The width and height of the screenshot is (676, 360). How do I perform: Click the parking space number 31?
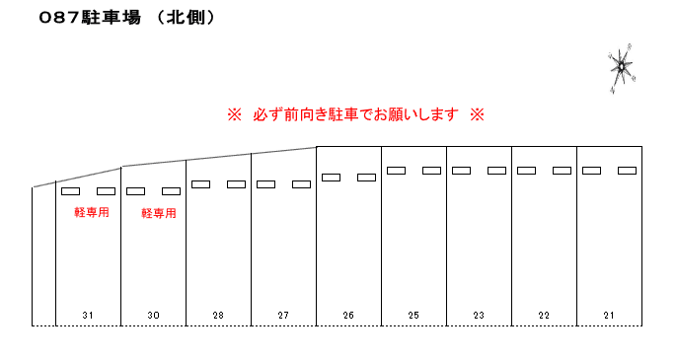[x=88, y=315]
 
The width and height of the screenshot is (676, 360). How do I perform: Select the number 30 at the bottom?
[x=153, y=315]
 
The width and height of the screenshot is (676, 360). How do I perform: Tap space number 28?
[x=218, y=315]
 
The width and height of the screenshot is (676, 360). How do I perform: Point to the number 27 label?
[x=283, y=315]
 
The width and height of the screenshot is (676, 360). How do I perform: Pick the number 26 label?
[x=348, y=315]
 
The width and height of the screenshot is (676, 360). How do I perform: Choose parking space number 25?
[x=413, y=315]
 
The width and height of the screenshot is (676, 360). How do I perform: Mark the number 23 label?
[x=479, y=315]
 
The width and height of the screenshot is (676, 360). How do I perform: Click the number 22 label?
[x=544, y=315]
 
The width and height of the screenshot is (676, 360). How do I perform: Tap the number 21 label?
[x=609, y=315]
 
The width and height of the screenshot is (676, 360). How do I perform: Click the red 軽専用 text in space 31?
[x=91, y=212]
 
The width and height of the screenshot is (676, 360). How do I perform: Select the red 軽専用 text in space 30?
[x=158, y=213]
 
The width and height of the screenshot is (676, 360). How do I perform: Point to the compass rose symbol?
[x=622, y=67]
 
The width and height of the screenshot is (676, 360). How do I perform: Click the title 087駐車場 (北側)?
[x=127, y=19]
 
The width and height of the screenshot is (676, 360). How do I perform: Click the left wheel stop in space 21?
[x=591, y=171]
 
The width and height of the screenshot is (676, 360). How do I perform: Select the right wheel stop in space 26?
[x=366, y=178]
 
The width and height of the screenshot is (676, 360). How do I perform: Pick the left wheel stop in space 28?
[x=200, y=184]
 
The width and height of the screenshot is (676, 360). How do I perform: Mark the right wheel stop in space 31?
[x=106, y=191]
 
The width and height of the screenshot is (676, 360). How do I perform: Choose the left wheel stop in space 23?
[x=461, y=171]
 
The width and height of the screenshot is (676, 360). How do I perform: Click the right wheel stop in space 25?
[x=431, y=171]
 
